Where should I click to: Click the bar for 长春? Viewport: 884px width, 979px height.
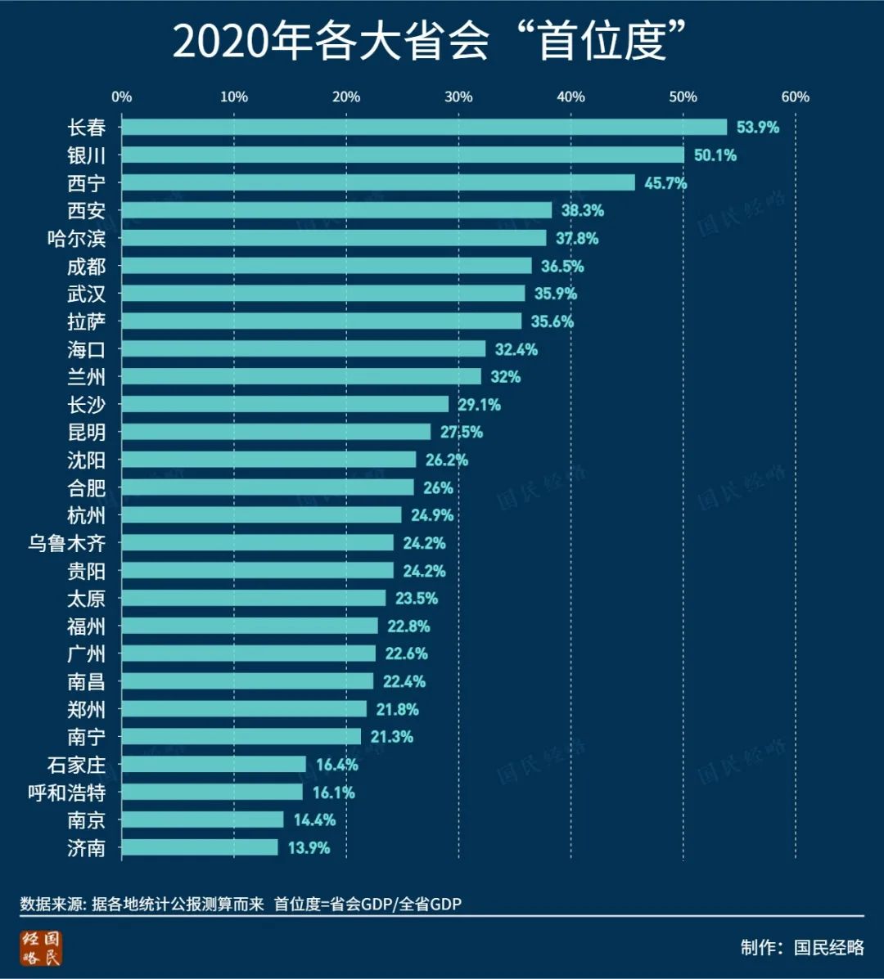[424, 127]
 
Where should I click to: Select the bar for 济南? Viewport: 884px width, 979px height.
[200, 847]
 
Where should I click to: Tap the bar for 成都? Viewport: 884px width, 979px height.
[327, 266]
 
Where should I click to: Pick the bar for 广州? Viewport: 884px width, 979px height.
[249, 653]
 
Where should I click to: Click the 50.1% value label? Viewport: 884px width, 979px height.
[715, 155]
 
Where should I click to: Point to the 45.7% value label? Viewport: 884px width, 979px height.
[665, 183]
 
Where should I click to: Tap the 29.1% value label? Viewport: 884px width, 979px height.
[480, 405]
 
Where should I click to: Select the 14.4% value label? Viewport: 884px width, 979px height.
[314, 820]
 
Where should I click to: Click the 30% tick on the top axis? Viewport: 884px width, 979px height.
[458, 97]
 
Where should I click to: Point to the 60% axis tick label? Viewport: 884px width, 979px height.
[795, 97]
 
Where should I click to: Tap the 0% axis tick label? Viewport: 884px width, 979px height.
[122, 97]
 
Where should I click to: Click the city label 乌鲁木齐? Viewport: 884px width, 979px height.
[66, 543]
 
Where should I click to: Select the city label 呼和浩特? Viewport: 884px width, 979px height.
[66, 793]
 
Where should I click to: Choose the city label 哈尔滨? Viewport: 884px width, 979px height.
[76, 238]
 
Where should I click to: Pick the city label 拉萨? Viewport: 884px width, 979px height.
[86, 321]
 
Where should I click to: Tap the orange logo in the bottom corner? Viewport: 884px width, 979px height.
[42, 949]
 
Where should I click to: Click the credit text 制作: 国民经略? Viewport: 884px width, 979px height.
[802, 948]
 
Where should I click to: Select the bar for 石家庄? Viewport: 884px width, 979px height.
[214, 765]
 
